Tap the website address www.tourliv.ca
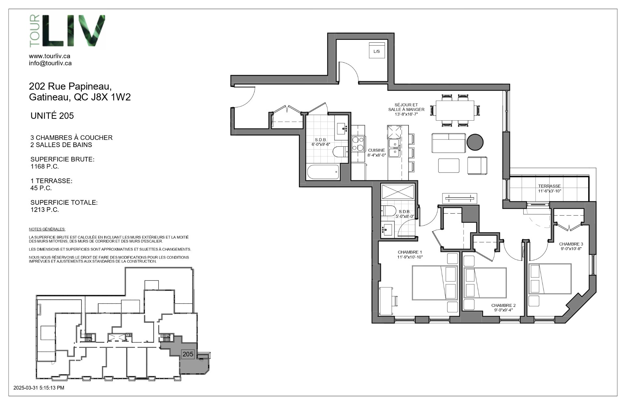click(50, 56)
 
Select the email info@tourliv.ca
click(50, 63)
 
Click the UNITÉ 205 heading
click(52, 116)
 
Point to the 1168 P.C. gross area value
click(45, 167)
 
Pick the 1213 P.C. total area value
click(45, 210)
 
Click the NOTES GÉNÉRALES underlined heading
click(47, 229)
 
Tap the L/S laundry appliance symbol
click(377, 51)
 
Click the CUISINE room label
click(377, 150)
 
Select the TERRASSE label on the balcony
click(549, 186)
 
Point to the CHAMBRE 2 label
click(503, 306)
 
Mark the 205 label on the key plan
click(188, 354)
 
